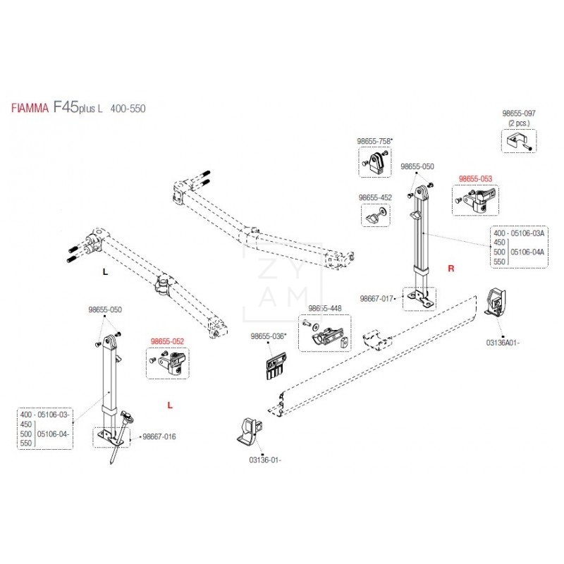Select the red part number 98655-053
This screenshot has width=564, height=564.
475,179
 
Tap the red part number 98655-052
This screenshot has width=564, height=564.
167,341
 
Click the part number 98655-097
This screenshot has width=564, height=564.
519,114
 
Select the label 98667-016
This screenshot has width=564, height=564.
159,437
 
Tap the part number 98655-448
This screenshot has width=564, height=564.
324,309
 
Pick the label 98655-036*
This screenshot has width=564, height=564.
268,337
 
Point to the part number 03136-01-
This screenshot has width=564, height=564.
265,460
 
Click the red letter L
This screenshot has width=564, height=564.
170,405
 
